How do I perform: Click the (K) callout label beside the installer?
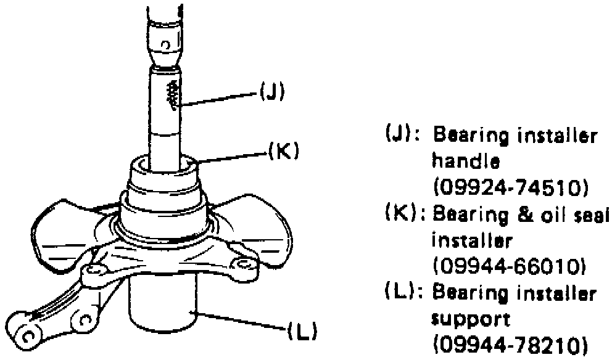283,151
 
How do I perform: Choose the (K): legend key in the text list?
405,216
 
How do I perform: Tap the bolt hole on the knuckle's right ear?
242,265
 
